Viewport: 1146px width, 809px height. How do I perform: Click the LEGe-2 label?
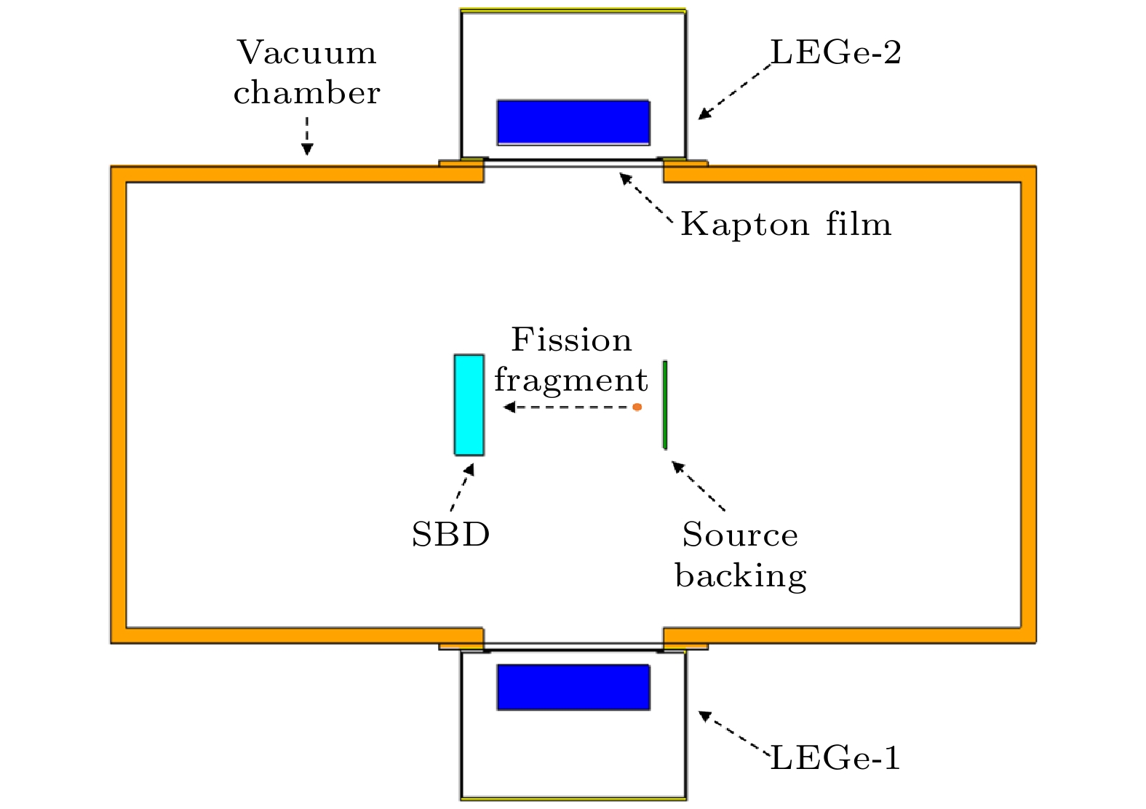(x=835, y=53)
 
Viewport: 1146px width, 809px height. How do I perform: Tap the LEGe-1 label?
(x=835, y=759)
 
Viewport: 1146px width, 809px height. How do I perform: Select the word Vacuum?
(x=306, y=53)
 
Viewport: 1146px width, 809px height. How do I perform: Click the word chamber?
(x=306, y=93)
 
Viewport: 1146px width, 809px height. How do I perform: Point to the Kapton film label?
(x=786, y=224)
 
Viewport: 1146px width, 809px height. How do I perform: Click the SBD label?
(x=450, y=535)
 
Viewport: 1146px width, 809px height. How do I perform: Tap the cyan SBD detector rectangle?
(x=469, y=404)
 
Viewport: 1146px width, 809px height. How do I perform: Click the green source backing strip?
(x=665, y=404)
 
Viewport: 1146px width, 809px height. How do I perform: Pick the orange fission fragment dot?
(x=637, y=407)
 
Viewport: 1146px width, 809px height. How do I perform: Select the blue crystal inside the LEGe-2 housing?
(x=573, y=122)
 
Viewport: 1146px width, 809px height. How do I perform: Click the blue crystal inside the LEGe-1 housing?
(x=573, y=687)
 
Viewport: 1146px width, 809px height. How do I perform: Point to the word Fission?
(x=571, y=340)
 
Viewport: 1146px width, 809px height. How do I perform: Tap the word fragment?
(x=571, y=380)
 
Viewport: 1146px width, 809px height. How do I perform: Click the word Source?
(x=740, y=535)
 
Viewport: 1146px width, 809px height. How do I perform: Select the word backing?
(x=741, y=575)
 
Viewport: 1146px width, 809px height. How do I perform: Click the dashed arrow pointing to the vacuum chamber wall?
(x=307, y=136)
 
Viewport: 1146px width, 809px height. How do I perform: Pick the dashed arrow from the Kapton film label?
(x=645, y=196)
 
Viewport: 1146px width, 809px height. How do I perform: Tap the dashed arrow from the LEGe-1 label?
(x=733, y=734)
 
